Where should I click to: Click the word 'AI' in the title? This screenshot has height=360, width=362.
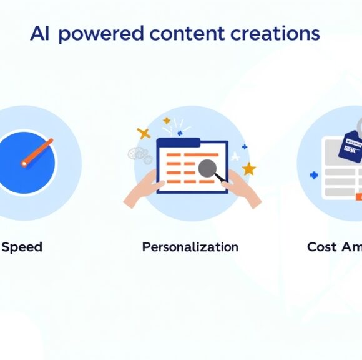39,34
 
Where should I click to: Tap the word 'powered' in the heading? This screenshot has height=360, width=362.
99,34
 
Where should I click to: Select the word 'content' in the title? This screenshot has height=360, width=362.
180,34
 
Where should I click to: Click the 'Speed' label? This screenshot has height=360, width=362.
22,247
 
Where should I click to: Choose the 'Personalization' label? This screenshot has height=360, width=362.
190,247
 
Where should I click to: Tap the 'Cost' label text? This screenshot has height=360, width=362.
322,247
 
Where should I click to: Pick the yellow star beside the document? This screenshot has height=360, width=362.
249,168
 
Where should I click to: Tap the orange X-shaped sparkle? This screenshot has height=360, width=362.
144,133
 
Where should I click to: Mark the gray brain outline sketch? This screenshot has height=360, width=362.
139,154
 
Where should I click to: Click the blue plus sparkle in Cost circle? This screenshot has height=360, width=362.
314,176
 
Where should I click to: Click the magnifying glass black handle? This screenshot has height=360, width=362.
220,178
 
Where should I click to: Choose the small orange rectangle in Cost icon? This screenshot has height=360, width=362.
358,197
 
